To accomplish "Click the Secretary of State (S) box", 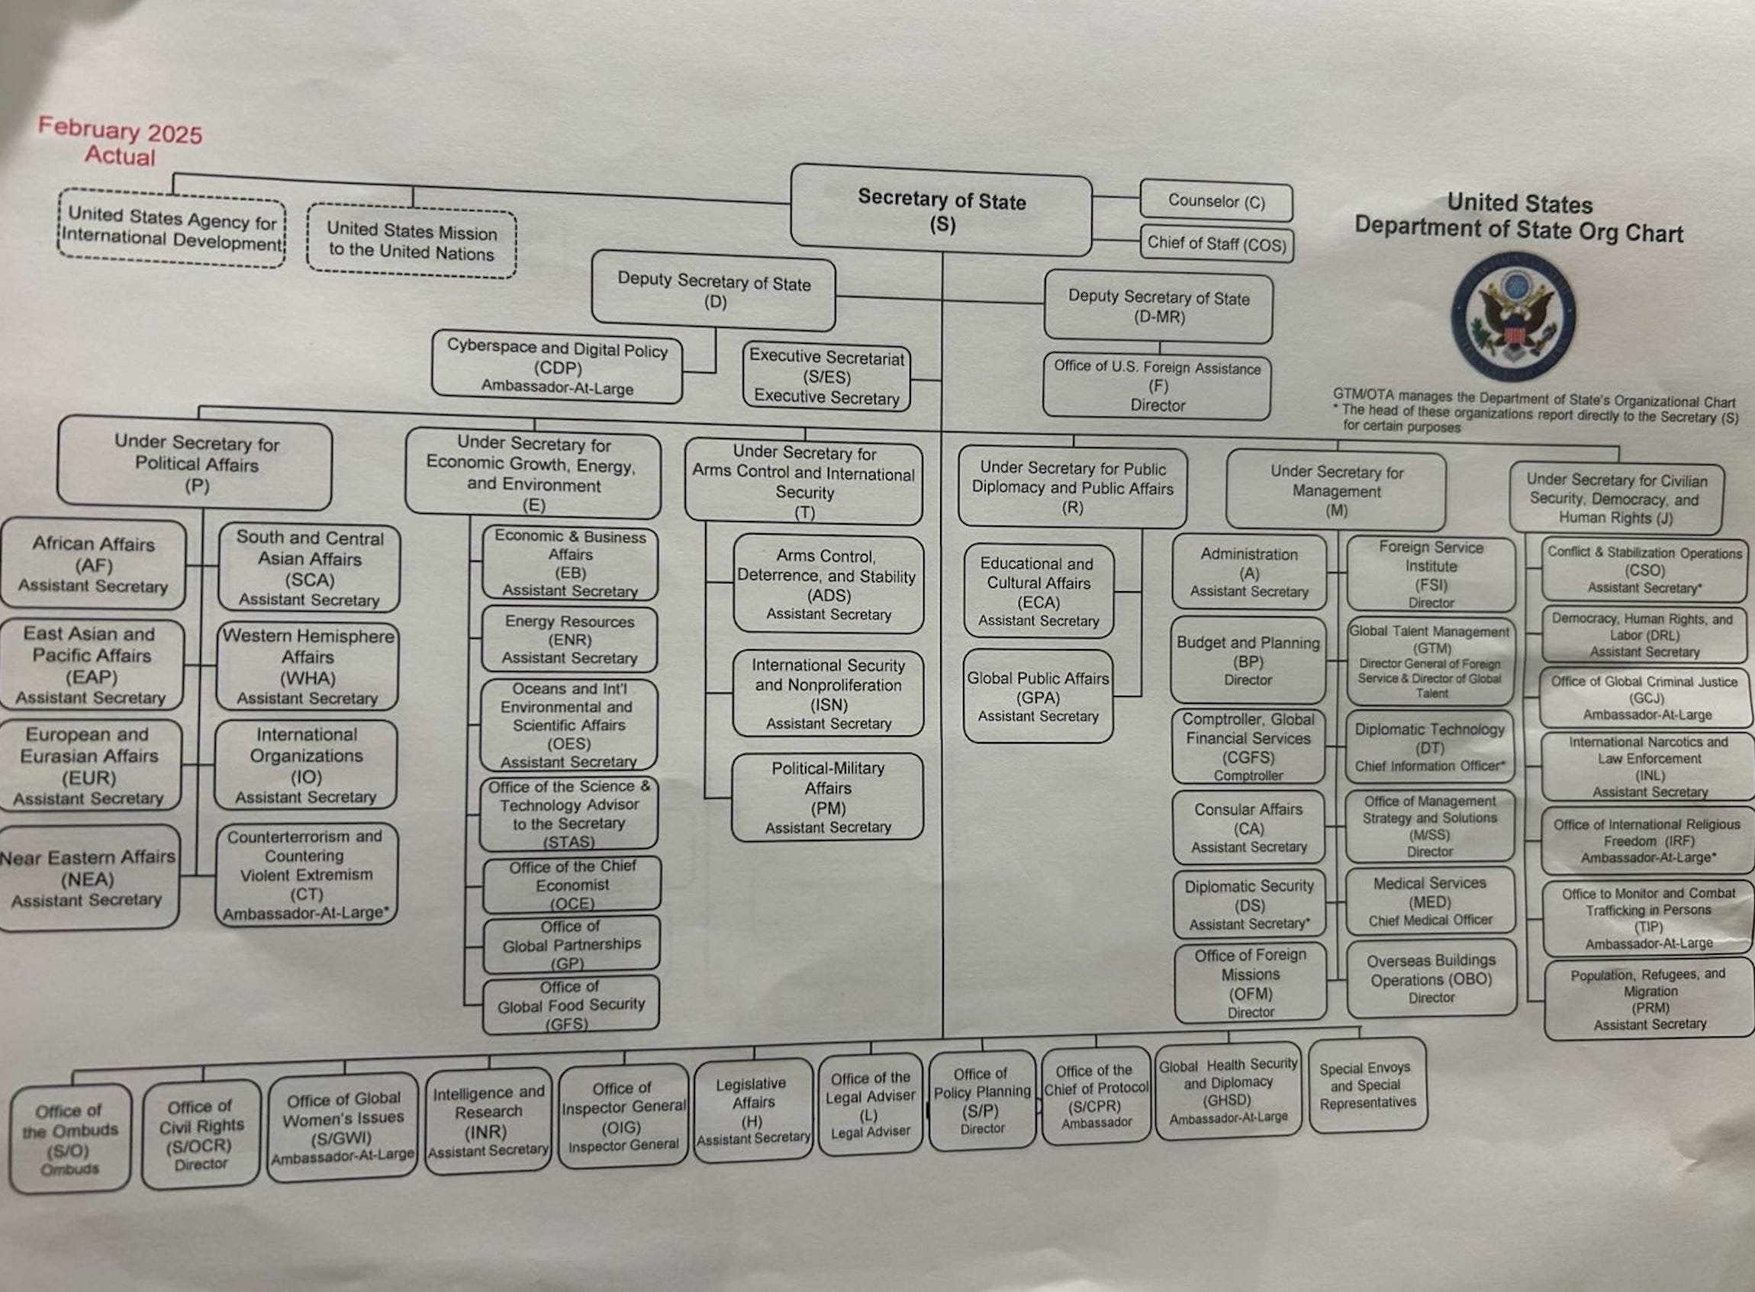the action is click(x=942, y=210).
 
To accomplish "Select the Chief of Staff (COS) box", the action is click(x=1217, y=243).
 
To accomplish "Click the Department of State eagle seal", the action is click(x=1513, y=316).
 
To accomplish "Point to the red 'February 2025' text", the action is click(x=121, y=130).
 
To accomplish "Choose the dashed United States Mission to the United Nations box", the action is click(x=411, y=241).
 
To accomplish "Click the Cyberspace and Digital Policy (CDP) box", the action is click(x=557, y=367).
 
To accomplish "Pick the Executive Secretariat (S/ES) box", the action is click(x=826, y=377).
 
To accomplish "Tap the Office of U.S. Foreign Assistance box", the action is click(x=1158, y=387).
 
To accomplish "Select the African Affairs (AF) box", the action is click(x=93, y=564).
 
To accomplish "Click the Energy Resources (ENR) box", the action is click(x=568, y=640).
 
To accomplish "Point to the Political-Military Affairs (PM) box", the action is click(x=828, y=797).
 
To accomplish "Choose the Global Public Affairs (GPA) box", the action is click(x=1039, y=696).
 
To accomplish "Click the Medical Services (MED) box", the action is click(x=1430, y=901).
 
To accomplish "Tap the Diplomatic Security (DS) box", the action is click(x=1249, y=904).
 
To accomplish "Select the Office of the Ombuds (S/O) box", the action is click(x=70, y=1138).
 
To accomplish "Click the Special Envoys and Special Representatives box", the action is click(x=1367, y=1085).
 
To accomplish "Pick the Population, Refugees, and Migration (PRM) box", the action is click(x=1650, y=998).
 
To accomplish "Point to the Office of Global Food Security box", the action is click(x=571, y=1005).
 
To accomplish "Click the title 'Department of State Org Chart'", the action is click(x=1518, y=230).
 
